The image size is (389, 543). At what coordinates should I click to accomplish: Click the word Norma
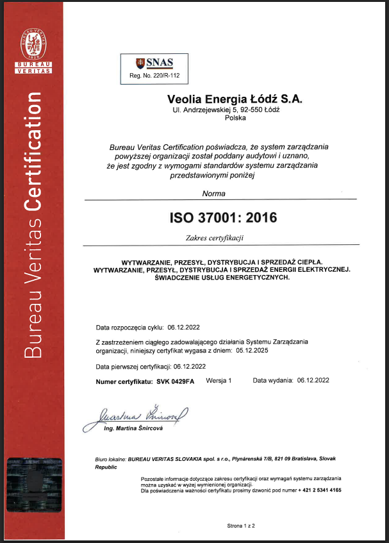213,193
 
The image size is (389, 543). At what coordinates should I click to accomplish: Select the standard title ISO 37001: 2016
223,218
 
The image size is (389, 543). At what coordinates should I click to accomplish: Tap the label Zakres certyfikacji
215,238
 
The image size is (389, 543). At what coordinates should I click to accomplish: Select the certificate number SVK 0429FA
175,381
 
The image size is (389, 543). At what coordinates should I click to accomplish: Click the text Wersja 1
219,381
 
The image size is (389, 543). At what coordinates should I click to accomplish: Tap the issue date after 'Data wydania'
313,381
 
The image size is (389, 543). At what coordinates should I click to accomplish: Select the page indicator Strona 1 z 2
241,525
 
